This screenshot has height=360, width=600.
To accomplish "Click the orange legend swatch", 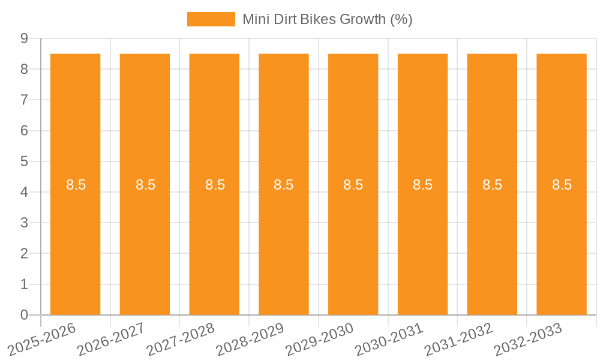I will (211, 19).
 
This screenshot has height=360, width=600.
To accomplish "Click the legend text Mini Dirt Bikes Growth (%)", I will (327, 19).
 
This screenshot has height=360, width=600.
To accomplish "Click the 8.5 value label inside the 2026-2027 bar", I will (145, 185).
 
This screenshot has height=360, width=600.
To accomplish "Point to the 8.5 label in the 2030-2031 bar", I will (423, 185).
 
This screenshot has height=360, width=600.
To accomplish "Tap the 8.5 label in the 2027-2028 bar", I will (215, 185).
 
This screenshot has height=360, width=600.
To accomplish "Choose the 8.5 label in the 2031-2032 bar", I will (493, 185).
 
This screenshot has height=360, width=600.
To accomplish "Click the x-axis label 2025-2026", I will (42, 338).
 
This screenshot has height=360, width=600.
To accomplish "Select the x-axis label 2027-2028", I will (181, 338).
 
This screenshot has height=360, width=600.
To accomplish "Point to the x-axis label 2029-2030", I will (320, 338).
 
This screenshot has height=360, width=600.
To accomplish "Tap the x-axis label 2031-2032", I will (459, 338).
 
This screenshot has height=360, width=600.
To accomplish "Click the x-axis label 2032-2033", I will (528, 338).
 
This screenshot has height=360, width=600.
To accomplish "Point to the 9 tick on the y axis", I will (24, 38).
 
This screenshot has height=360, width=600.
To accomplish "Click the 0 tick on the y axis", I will (24, 315).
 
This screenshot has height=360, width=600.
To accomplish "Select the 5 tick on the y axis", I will (24, 161).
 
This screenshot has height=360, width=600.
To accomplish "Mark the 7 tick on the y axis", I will (24, 100).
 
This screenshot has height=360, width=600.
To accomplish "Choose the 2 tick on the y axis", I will (24, 254).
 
